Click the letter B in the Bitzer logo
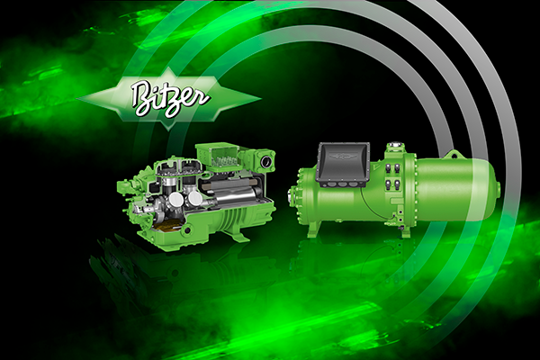[x=142, y=97]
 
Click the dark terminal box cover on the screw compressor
[x=344, y=163]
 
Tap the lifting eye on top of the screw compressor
[x=452, y=154]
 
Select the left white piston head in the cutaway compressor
[x=176, y=199]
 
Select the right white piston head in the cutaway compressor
[x=195, y=198]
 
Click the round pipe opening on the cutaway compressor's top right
[x=266, y=162]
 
